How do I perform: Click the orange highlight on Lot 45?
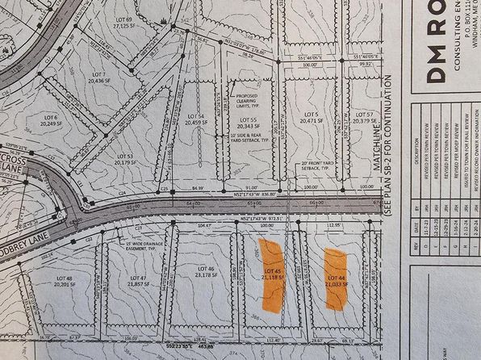[x=269, y=276]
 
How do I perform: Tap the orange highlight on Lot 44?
[x=335, y=278]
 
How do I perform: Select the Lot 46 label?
[x=204, y=271]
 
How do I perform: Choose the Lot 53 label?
[x=124, y=159]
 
